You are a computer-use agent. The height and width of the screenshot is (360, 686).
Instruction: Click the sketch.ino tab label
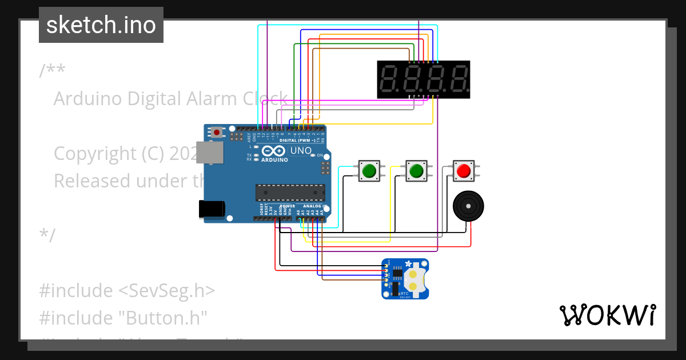pos(101,25)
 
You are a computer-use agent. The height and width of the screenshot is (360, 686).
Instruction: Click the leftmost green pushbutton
pos(369,170)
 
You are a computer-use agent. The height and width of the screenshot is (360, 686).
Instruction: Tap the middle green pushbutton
pos(416,170)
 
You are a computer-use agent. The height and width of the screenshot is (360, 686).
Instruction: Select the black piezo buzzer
pos(468,205)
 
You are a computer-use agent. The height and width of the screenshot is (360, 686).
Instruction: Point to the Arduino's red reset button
pos(217,133)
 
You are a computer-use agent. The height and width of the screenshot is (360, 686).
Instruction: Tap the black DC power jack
pos(211,209)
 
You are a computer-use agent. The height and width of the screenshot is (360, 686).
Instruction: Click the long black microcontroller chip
pos(290,193)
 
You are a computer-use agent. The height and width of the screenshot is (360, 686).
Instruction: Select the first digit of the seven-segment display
pos(389,79)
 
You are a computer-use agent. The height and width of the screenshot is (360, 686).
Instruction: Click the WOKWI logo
pos(607,315)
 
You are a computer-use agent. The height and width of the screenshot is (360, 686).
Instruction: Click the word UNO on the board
pos(301,151)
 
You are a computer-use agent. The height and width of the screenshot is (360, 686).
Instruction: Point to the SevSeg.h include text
pos(166,290)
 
